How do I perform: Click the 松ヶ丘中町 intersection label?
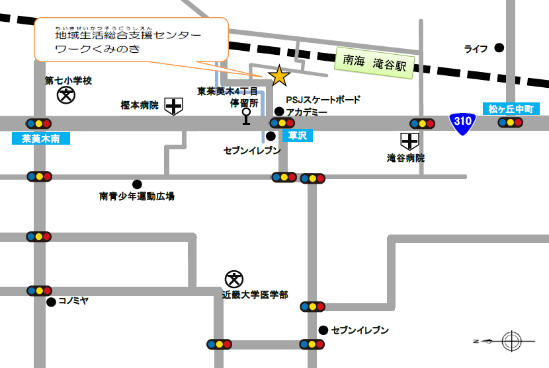point(511,109)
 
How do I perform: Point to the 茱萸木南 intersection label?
point(40,139)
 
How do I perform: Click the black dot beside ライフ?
point(499,48)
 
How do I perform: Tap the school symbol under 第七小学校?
point(66,96)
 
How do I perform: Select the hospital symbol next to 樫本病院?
point(173,105)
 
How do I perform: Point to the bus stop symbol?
point(246,116)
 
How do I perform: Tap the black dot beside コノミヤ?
point(51,302)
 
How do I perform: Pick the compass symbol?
point(511,341)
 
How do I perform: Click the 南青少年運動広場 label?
point(137,196)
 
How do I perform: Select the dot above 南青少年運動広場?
point(137,184)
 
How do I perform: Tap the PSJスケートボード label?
point(323,100)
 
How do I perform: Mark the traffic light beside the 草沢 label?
point(282,122)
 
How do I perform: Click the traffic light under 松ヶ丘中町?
point(511,122)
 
